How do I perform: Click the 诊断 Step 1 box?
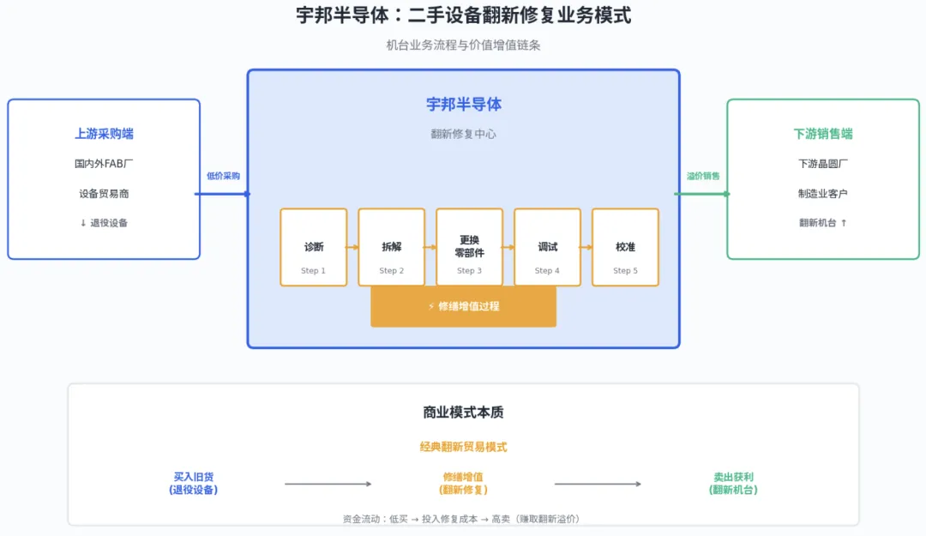click(314, 247)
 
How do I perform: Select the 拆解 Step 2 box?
click(392, 247)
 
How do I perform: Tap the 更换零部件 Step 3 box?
click(469, 247)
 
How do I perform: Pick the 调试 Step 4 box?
click(547, 247)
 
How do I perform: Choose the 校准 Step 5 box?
click(625, 247)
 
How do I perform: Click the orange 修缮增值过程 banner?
click(463, 306)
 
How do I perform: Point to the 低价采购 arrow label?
click(223, 176)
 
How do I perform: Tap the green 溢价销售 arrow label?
click(703, 176)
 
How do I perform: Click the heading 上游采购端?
click(104, 134)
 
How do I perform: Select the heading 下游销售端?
click(823, 134)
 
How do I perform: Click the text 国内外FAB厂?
click(104, 163)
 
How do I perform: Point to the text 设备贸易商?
click(104, 193)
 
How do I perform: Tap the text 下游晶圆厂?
click(823, 163)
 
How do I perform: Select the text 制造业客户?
click(823, 193)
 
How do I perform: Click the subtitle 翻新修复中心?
click(463, 134)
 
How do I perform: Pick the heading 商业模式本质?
click(463, 413)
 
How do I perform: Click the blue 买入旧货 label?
click(193, 483)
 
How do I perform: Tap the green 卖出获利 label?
click(733, 483)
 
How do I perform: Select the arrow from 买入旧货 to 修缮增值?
click(328, 484)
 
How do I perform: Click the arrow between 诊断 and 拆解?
click(352, 247)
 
